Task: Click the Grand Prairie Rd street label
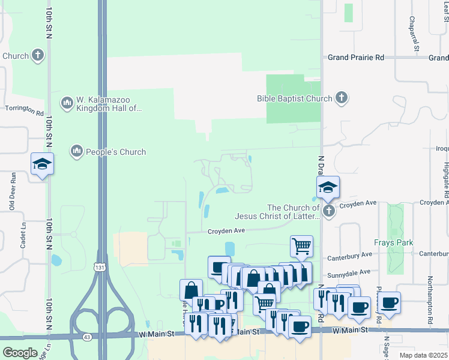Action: pyautogui.click(x=355, y=58)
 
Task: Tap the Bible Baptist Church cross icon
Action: pyautogui.click(x=342, y=98)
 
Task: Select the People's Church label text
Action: pyautogui.click(x=116, y=152)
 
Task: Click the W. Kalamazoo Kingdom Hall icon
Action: pyautogui.click(x=67, y=104)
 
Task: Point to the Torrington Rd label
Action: pyautogui.click(x=24, y=112)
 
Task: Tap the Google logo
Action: pyautogui.click(x=20, y=353)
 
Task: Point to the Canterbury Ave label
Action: pyautogui.click(x=349, y=259)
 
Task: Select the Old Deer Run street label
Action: pyautogui.click(x=12, y=191)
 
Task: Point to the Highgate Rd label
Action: pyautogui.click(x=445, y=179)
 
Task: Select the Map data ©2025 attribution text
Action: pyautogui.click(x=423, y=355)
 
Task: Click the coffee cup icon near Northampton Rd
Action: pyautogui.click(x=389, y=303)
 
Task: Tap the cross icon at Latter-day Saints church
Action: pyautogui.click(x=328, y=211)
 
